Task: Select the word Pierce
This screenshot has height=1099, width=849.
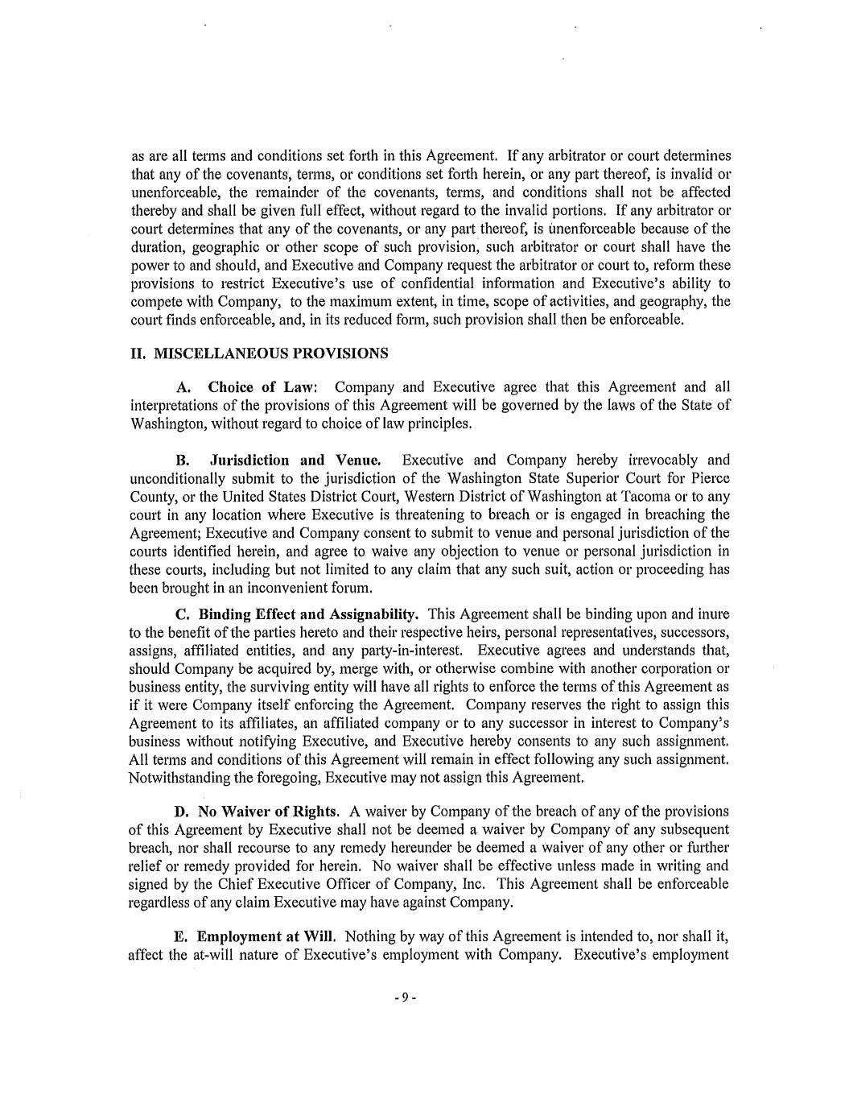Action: (x=708, y=478)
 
